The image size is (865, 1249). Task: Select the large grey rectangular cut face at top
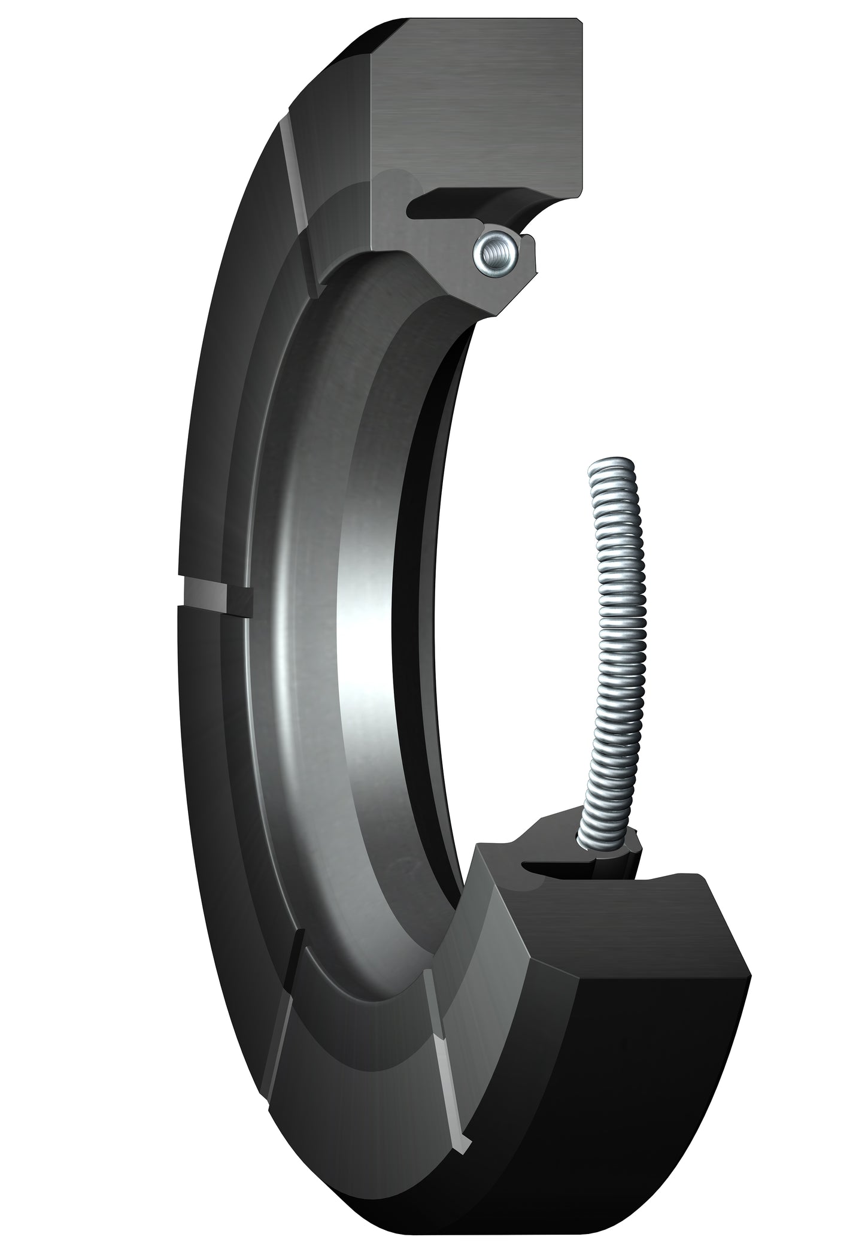(479, 108)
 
